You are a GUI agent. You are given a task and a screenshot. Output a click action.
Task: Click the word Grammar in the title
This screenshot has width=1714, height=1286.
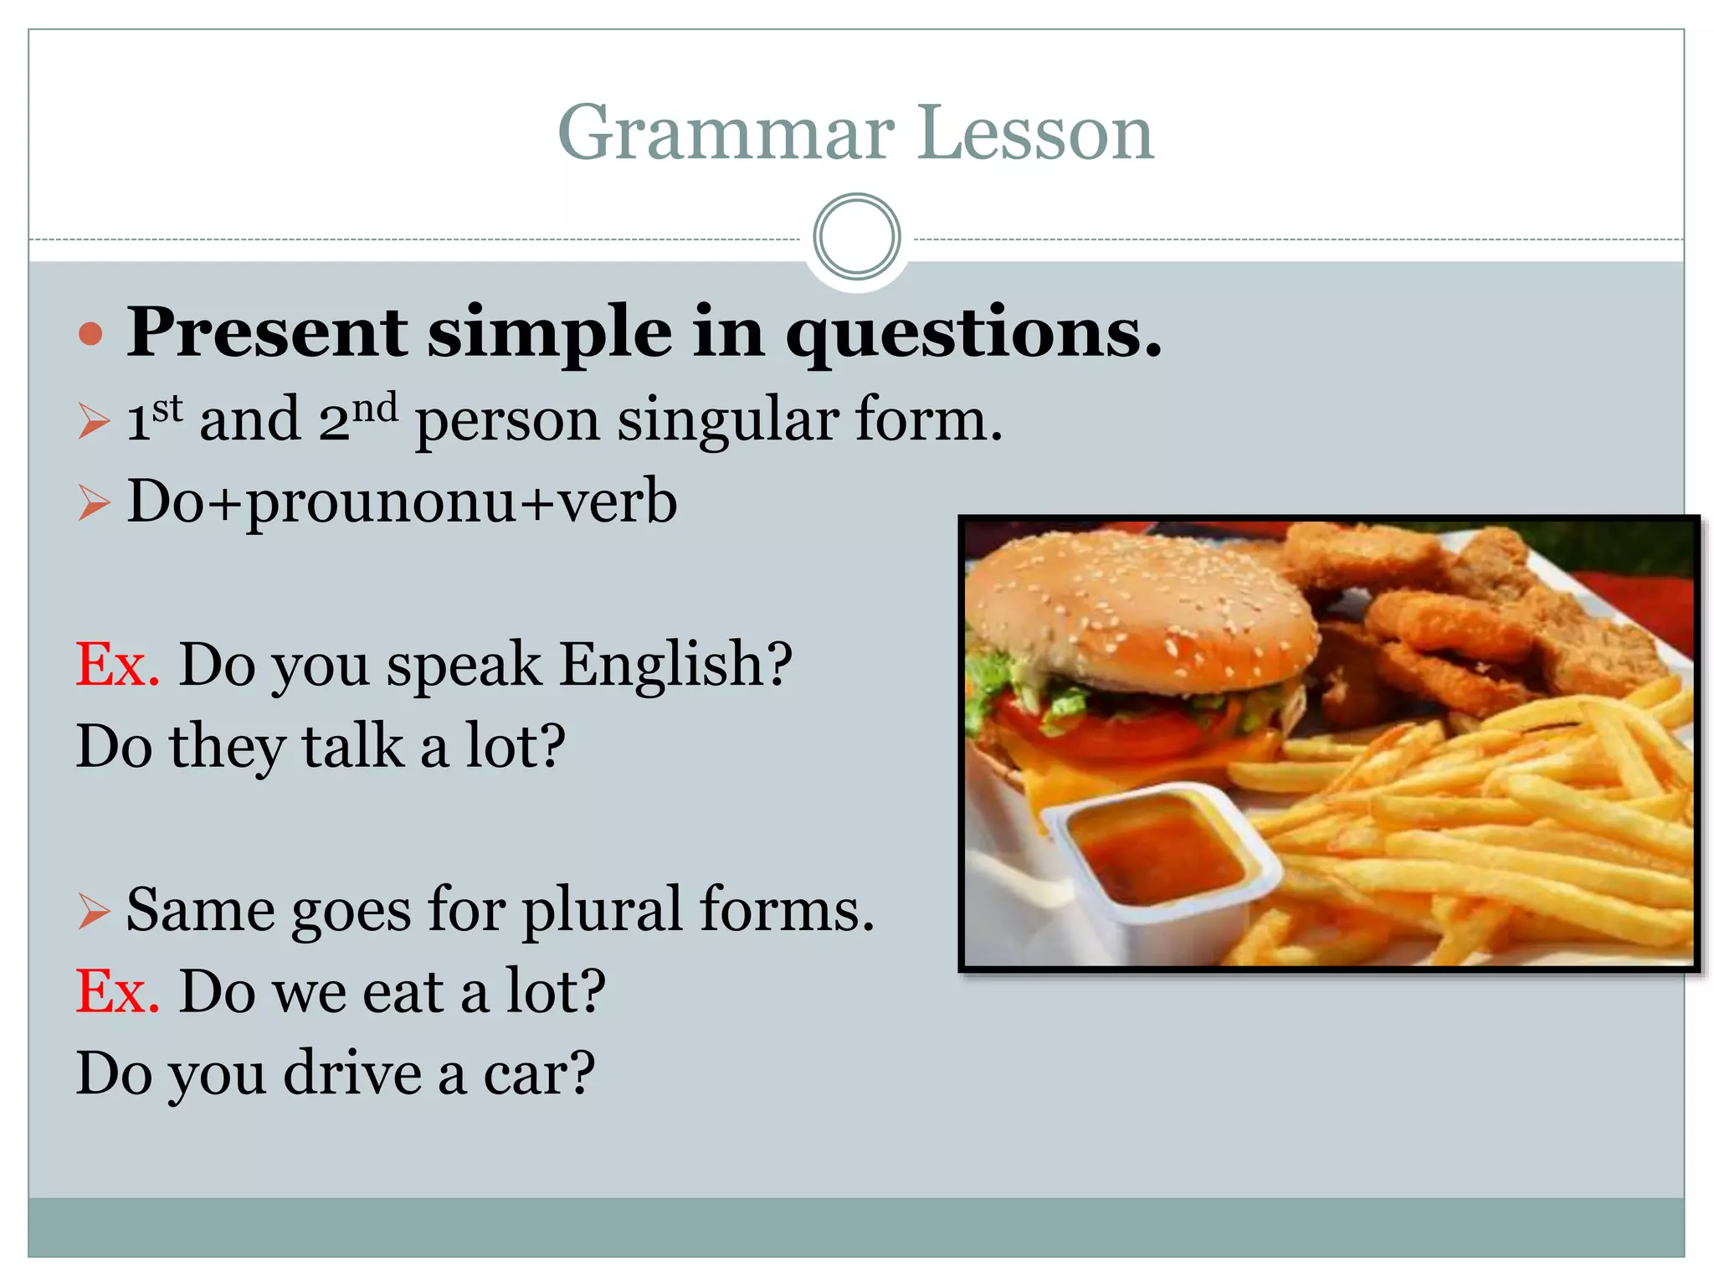coord(726,134)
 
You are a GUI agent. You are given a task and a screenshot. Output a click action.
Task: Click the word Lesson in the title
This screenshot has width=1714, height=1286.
coord(1036,134)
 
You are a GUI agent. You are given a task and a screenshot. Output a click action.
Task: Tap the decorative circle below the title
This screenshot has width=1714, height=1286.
coord(856,237)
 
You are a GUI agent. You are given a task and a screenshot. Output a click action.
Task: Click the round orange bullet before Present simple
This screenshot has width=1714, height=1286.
coord(90,335)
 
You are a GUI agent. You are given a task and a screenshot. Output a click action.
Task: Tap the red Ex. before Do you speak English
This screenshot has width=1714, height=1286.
coord(117,665)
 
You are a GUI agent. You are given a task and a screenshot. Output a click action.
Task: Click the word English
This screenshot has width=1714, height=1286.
coord(675,665)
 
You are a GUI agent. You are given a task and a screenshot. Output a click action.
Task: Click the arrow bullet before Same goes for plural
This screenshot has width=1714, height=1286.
coord(93,910)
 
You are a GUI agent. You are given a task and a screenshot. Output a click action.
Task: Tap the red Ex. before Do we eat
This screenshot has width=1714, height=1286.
coord(117,992)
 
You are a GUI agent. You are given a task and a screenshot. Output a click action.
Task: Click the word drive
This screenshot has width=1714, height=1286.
coord(352,1074)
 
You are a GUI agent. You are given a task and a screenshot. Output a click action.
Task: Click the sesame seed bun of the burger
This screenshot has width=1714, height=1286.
coord(1138,611)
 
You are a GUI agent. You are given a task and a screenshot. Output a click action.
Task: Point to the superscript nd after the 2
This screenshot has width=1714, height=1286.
coord(374,408)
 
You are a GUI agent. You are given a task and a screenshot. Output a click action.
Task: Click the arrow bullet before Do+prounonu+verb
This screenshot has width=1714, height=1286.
coord(93,503)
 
